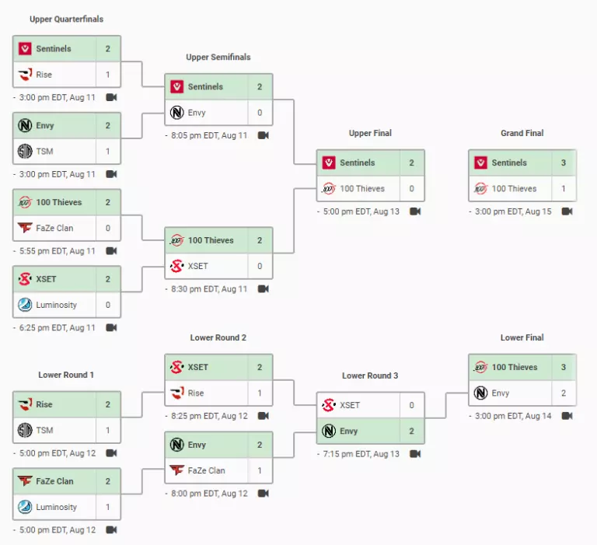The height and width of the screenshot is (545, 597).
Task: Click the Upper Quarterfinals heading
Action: (66, 19)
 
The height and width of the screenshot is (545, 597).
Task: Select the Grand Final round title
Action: (522, 133)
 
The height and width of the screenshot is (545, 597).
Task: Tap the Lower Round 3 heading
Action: (370, 376)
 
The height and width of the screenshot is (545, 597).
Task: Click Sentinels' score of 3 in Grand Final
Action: (563, 162)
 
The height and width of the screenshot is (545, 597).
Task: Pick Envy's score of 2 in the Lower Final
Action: (563, 393)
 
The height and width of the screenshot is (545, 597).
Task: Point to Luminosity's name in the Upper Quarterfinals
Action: (56, 305)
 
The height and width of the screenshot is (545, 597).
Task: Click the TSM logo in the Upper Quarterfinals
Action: (25, 151)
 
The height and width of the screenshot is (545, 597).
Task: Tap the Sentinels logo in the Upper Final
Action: (329, 162)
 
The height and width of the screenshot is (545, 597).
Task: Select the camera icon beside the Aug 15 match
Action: (567, 211)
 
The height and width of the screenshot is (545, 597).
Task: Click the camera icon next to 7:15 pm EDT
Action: (415, 454)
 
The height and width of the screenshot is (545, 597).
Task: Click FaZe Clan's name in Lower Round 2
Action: (206, 470)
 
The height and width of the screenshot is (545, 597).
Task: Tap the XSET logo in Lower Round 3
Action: (329, 405)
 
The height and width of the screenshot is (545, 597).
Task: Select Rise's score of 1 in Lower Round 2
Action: (260, 393)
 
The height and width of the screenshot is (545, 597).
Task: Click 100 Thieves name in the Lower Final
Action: (515, 367)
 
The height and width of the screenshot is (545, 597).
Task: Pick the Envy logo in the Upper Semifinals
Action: (177, 113)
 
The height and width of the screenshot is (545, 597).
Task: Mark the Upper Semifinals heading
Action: (218, 57)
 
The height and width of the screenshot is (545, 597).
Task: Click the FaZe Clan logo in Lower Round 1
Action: (25, 481)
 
